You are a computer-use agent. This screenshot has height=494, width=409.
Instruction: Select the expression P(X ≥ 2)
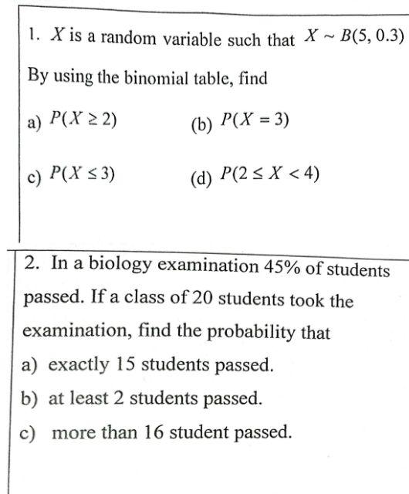tap(83, 119)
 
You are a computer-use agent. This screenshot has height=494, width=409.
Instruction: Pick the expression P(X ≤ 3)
tap(83, 174)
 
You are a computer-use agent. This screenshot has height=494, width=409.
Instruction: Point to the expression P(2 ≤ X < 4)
tap(269, 175)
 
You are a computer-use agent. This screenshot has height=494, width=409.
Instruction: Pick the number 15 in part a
tap(126, 364)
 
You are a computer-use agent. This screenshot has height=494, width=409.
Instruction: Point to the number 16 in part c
tap(154, 432)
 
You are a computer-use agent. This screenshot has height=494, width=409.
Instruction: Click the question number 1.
tap(32, 35)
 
